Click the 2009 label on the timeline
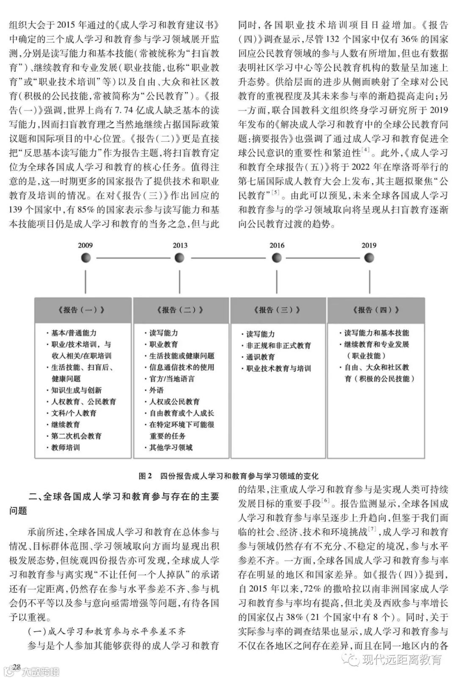(x=85, y=246)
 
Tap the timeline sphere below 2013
(x=179, y=257)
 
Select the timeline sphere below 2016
(x=277, y=257)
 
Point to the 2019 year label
(x=369, y=246)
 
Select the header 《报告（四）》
(x=375, y=310)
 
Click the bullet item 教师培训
(x=66, y=448)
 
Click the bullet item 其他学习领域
(x=171, y=448)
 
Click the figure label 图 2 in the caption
(x=145, y=476)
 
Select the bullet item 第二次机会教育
(x=77, y=436)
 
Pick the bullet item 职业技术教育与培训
(x=278, y=368)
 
